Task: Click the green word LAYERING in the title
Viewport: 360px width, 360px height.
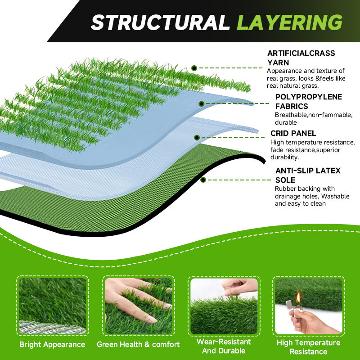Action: click(289, 22)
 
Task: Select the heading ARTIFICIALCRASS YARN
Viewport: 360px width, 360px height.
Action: click(301, 58)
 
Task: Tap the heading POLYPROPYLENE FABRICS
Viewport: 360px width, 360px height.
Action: click(308, 102)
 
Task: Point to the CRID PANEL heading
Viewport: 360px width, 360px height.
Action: click(293, 133)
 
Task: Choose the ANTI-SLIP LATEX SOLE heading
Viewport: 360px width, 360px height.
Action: click(308, 175)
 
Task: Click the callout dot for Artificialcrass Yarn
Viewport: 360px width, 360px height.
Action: click(194, 68)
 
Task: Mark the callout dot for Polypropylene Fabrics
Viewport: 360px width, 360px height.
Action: click(201, 103)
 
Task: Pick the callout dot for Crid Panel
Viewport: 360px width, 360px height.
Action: click(197, 138)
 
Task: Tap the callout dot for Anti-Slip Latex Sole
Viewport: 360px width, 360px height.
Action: click(203, 180)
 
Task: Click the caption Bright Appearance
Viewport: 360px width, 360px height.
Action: click(52, 345)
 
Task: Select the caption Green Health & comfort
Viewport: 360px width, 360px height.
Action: click(138, 345)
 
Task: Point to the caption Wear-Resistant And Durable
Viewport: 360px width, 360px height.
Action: click(224, 346)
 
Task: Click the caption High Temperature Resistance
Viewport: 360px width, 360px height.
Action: click(308, 347)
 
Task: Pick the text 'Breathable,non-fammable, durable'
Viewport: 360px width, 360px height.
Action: click(313, 119)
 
